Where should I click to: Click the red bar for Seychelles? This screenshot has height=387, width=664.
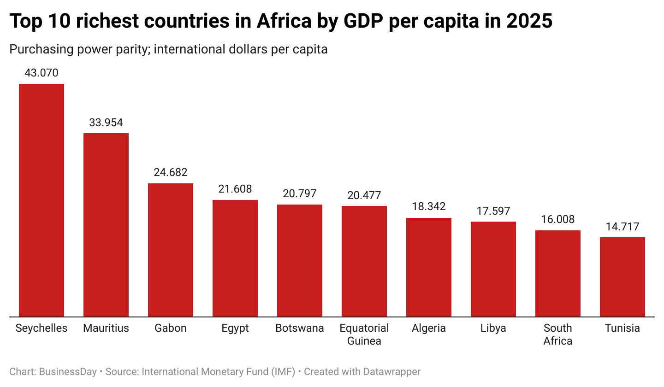41,200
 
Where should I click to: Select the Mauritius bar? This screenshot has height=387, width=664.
106,225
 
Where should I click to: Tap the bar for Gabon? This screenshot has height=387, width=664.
171,250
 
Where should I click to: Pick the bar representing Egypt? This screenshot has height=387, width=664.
235,258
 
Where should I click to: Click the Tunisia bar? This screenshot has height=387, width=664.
622,277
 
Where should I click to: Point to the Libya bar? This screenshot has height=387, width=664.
493,269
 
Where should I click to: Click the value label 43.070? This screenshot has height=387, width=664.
41,73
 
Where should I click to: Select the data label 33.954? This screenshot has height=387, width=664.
106,123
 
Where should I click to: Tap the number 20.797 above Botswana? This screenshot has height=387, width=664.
300,193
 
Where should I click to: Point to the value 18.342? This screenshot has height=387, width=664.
429,206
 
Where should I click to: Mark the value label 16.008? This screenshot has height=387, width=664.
558,219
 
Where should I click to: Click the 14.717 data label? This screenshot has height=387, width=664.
622,227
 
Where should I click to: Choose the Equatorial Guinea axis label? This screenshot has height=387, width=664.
364,334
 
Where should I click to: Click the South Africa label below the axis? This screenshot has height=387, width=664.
558,334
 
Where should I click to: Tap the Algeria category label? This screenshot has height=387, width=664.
429,328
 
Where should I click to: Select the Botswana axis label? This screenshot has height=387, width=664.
300,328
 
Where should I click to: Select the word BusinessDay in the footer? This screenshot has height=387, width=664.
68,371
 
